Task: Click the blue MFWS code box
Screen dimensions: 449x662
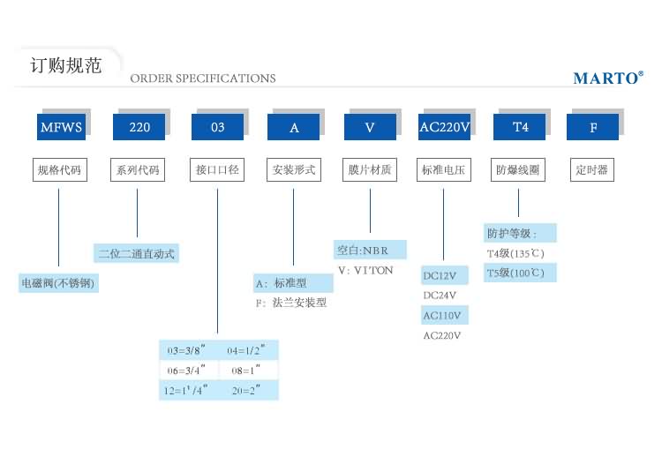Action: point(61,127)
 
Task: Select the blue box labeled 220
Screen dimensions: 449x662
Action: point(139,127)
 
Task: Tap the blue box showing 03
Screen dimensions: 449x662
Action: point(217,127)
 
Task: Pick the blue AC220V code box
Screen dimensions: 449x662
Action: point(444,127)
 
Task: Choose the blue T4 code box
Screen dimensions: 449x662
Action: point(521,127)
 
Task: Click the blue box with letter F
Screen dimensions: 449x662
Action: point(594,127)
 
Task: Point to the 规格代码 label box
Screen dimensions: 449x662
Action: point(60,169)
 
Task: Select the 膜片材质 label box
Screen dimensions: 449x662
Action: point(369,169)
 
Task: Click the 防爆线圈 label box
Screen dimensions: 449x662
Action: point(518,169)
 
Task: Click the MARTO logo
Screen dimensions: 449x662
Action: point(608,78)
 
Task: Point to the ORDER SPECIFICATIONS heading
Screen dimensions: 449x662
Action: point(203,79)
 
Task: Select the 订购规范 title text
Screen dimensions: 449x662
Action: point(65,66)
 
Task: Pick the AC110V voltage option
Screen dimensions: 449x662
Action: point(443,315)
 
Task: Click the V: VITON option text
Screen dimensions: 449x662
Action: point(365,271)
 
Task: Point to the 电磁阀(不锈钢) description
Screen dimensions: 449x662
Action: point(57,284)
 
